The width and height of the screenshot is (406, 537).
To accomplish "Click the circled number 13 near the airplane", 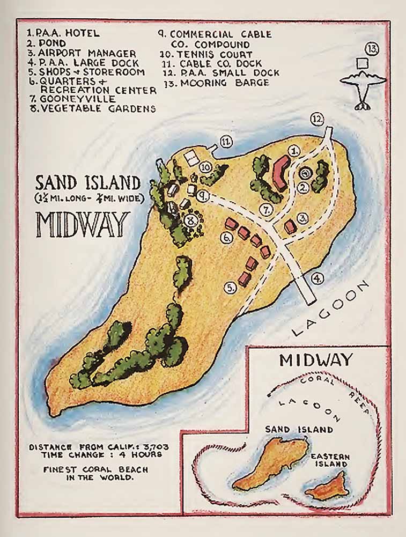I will [372, 49].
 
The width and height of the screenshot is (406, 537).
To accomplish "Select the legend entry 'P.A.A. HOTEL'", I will [63, 33].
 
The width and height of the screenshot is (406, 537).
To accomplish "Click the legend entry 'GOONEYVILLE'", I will [72, 99].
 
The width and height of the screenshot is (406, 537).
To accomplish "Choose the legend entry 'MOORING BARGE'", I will [217, 83].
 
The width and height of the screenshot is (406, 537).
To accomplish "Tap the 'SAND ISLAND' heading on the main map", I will [88, 183].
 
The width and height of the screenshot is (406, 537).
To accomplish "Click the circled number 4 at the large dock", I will [318, 278].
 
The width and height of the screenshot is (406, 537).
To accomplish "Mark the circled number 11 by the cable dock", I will [226, 142].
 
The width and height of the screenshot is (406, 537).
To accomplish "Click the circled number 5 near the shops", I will [231, 288].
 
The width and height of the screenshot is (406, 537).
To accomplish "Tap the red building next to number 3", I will [290, 226].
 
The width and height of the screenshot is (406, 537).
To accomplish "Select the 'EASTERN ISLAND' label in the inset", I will [330, 460].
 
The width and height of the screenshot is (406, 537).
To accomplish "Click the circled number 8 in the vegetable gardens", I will [188, 220].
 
